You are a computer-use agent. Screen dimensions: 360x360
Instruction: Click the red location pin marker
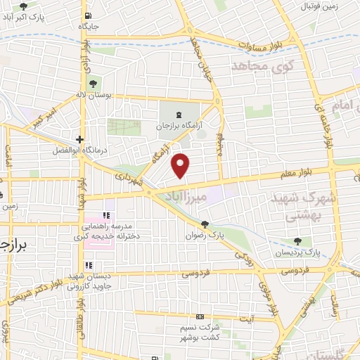[x=181, y=165]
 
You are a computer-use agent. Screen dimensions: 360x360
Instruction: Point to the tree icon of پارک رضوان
[x=205, y=224]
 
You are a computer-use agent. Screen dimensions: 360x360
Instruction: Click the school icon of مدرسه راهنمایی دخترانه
[x=107, y=215]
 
